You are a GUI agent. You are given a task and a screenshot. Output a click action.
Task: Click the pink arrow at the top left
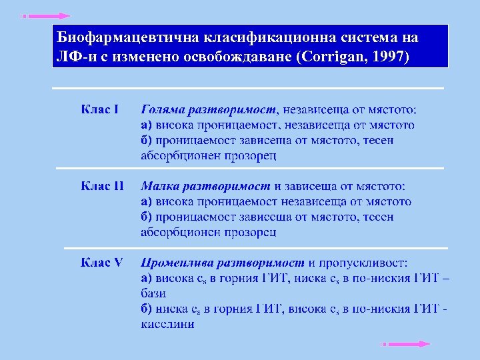coord(45,15)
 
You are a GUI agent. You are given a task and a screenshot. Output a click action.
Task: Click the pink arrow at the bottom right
coord(405,344)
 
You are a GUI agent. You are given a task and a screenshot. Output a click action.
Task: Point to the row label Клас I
coord(100,109)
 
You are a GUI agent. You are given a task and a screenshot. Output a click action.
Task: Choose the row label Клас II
coord(102,185)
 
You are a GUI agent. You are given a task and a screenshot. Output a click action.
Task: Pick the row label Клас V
coord(101,262)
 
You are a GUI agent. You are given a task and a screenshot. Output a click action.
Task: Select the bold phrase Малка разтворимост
coord(205,185)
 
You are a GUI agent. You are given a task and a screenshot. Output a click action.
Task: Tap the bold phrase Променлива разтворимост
coord(223,262)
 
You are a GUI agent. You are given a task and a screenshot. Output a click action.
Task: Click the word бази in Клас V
coord(153,293)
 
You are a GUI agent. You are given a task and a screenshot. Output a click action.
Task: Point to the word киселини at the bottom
coord(167,324)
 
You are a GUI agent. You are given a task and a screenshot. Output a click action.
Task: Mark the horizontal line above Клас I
coord(248,88)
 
